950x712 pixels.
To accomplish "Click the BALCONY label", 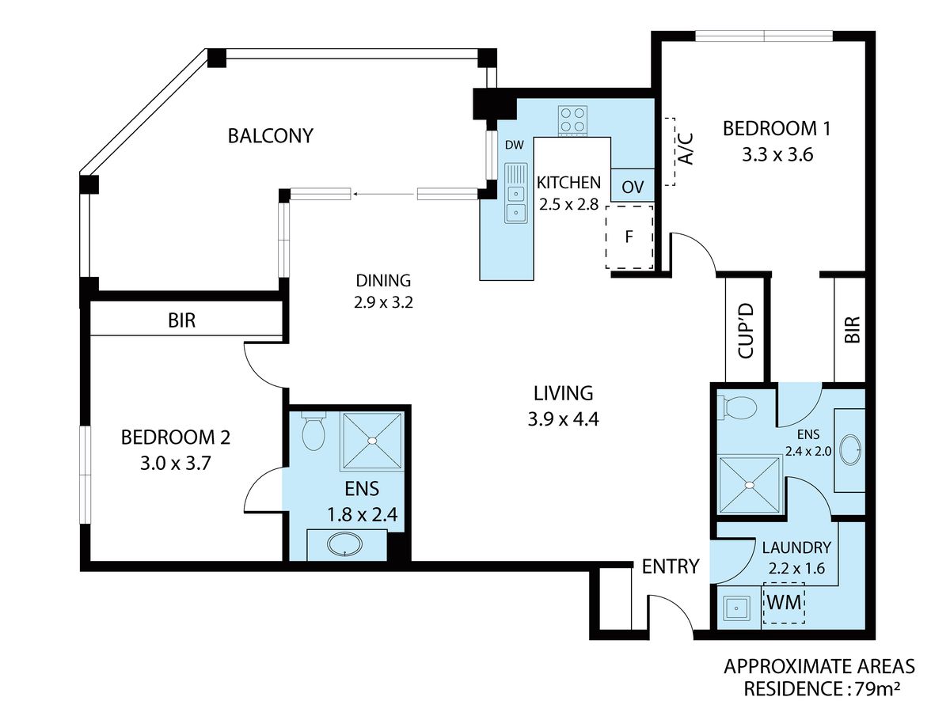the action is (270, 136).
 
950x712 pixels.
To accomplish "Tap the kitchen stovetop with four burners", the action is (572, 120).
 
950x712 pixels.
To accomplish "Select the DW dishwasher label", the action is (514, 146).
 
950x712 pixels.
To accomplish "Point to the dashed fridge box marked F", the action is (629, 237).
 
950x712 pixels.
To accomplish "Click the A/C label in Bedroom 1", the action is (686, 149).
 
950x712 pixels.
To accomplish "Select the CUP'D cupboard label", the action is (747, 331).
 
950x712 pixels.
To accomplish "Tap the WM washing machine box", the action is (784, 603).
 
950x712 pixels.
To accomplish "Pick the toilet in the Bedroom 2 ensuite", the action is (313, 430).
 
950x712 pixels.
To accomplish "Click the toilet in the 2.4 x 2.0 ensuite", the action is (737, 407).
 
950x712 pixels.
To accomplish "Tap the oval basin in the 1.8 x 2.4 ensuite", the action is (344, 545).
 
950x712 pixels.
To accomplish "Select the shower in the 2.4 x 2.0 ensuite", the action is (750, 486).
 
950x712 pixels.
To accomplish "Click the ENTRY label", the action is (671, 566).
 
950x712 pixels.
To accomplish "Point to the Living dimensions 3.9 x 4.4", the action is (563, 419).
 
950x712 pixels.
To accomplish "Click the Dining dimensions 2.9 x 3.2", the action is (383, 302).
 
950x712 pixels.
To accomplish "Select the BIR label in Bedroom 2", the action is (182, 320).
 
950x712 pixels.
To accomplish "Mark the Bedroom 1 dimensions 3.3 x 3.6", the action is (777, 154).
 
